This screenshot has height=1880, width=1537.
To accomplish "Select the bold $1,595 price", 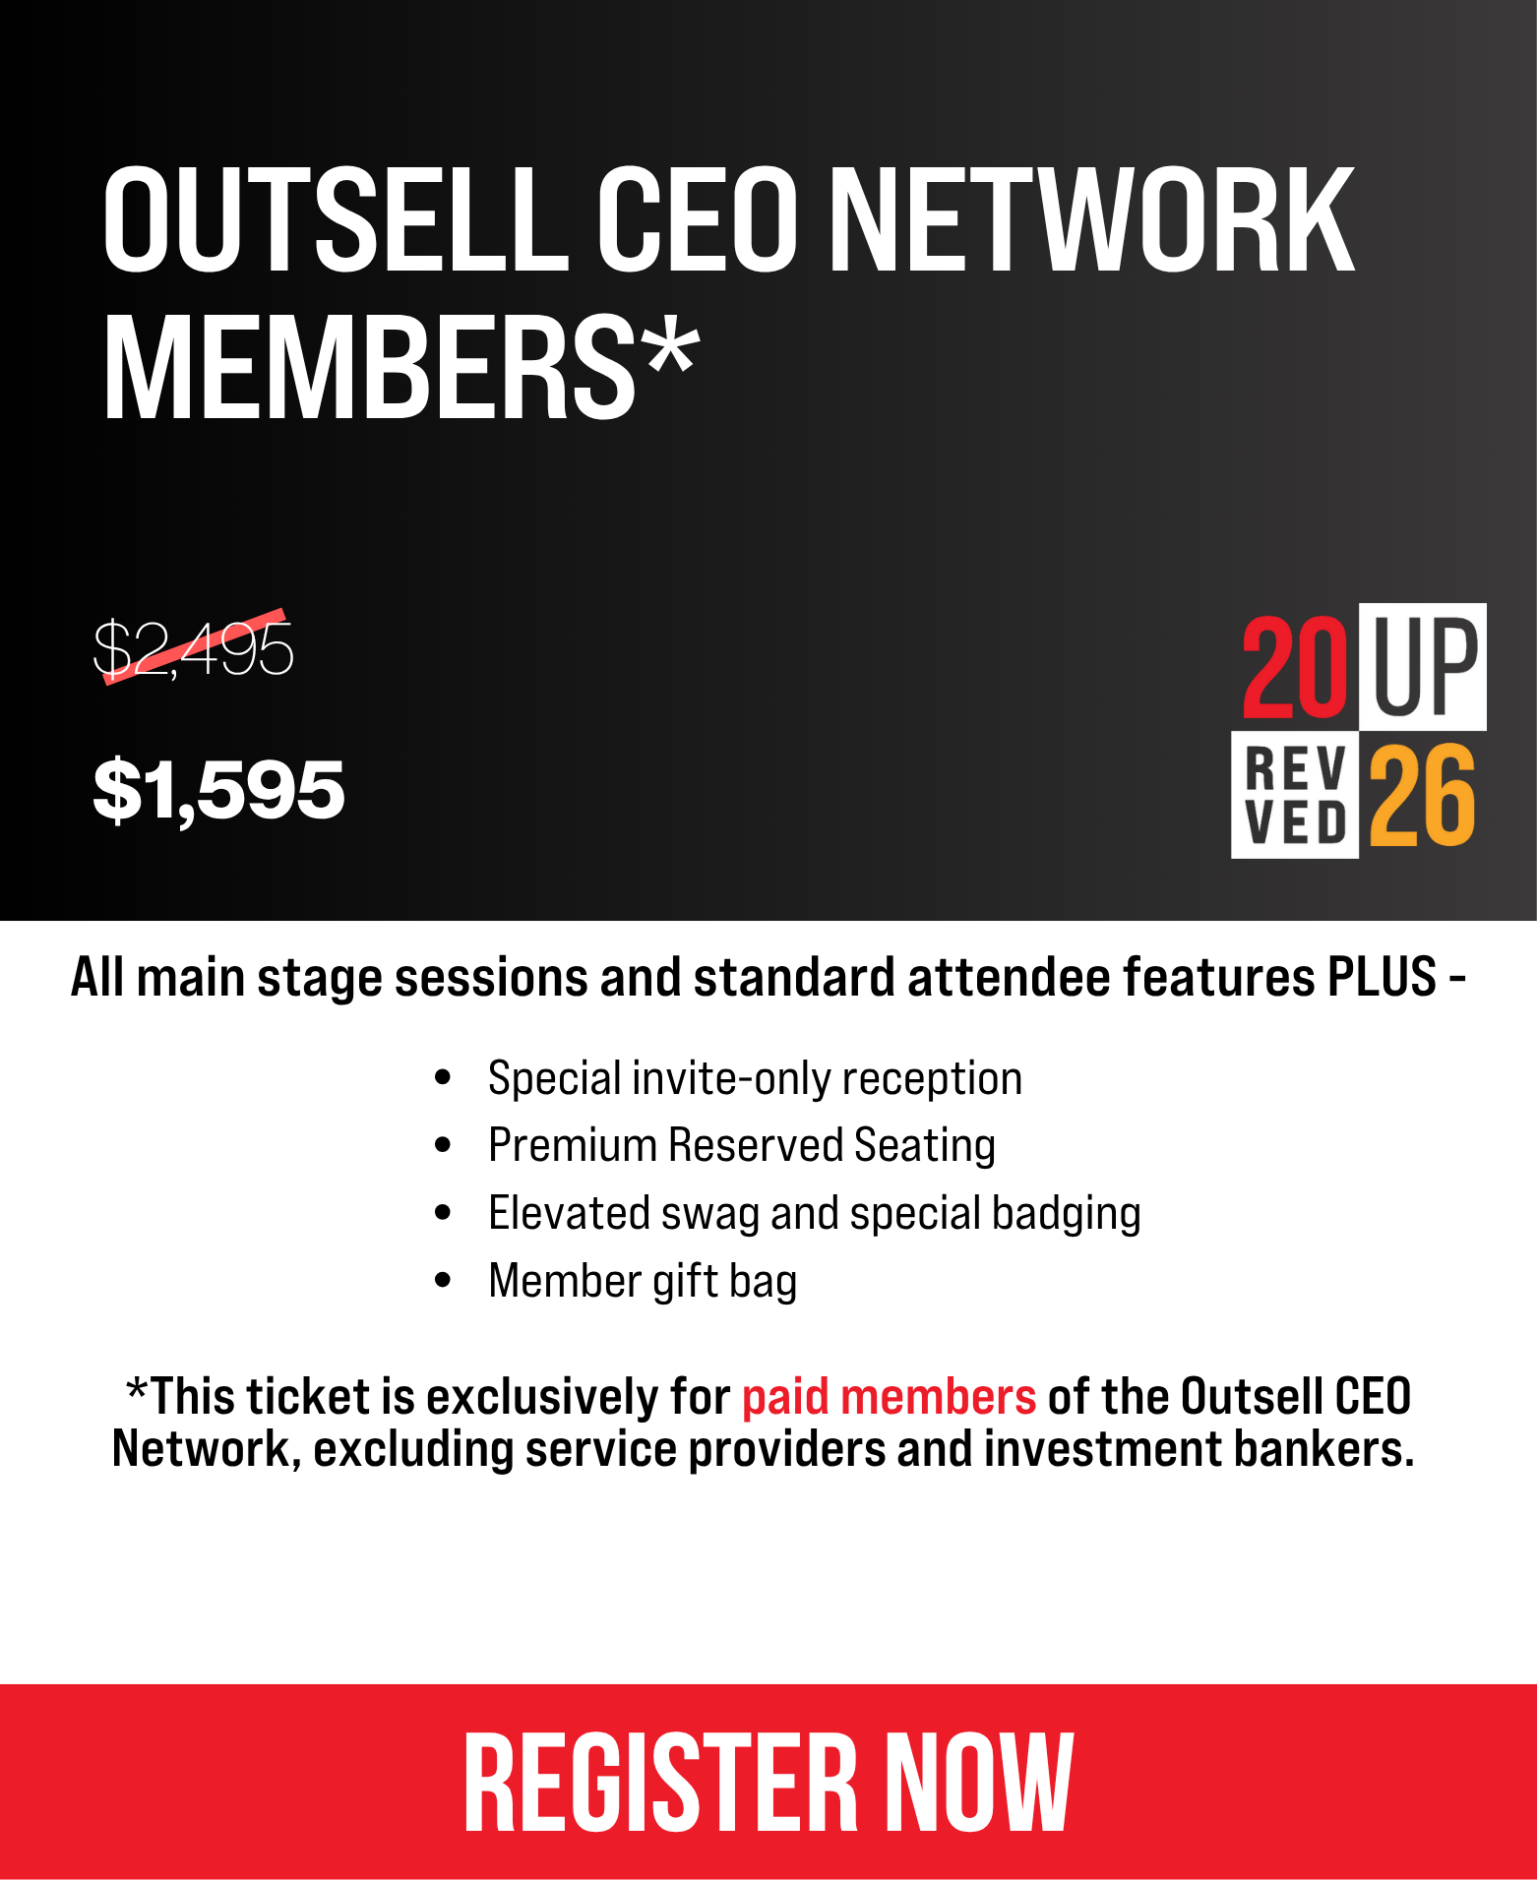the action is (x=218, y=790).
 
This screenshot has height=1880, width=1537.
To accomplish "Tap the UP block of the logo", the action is (x=1423, y=666).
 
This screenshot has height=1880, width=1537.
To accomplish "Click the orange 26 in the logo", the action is (x=1423, y=795).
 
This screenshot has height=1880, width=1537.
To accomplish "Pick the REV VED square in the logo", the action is (x=1295, y=795).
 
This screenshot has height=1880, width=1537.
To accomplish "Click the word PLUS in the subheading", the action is (x=1383, y=977).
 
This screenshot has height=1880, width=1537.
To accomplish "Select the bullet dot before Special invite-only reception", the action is (x=443, y=1078).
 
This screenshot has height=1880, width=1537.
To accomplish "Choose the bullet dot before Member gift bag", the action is (x=443, y=1280).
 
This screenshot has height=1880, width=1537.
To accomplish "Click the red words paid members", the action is (x=889, y=1397).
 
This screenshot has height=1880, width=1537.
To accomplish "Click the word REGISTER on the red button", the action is (x=660, y=1783).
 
